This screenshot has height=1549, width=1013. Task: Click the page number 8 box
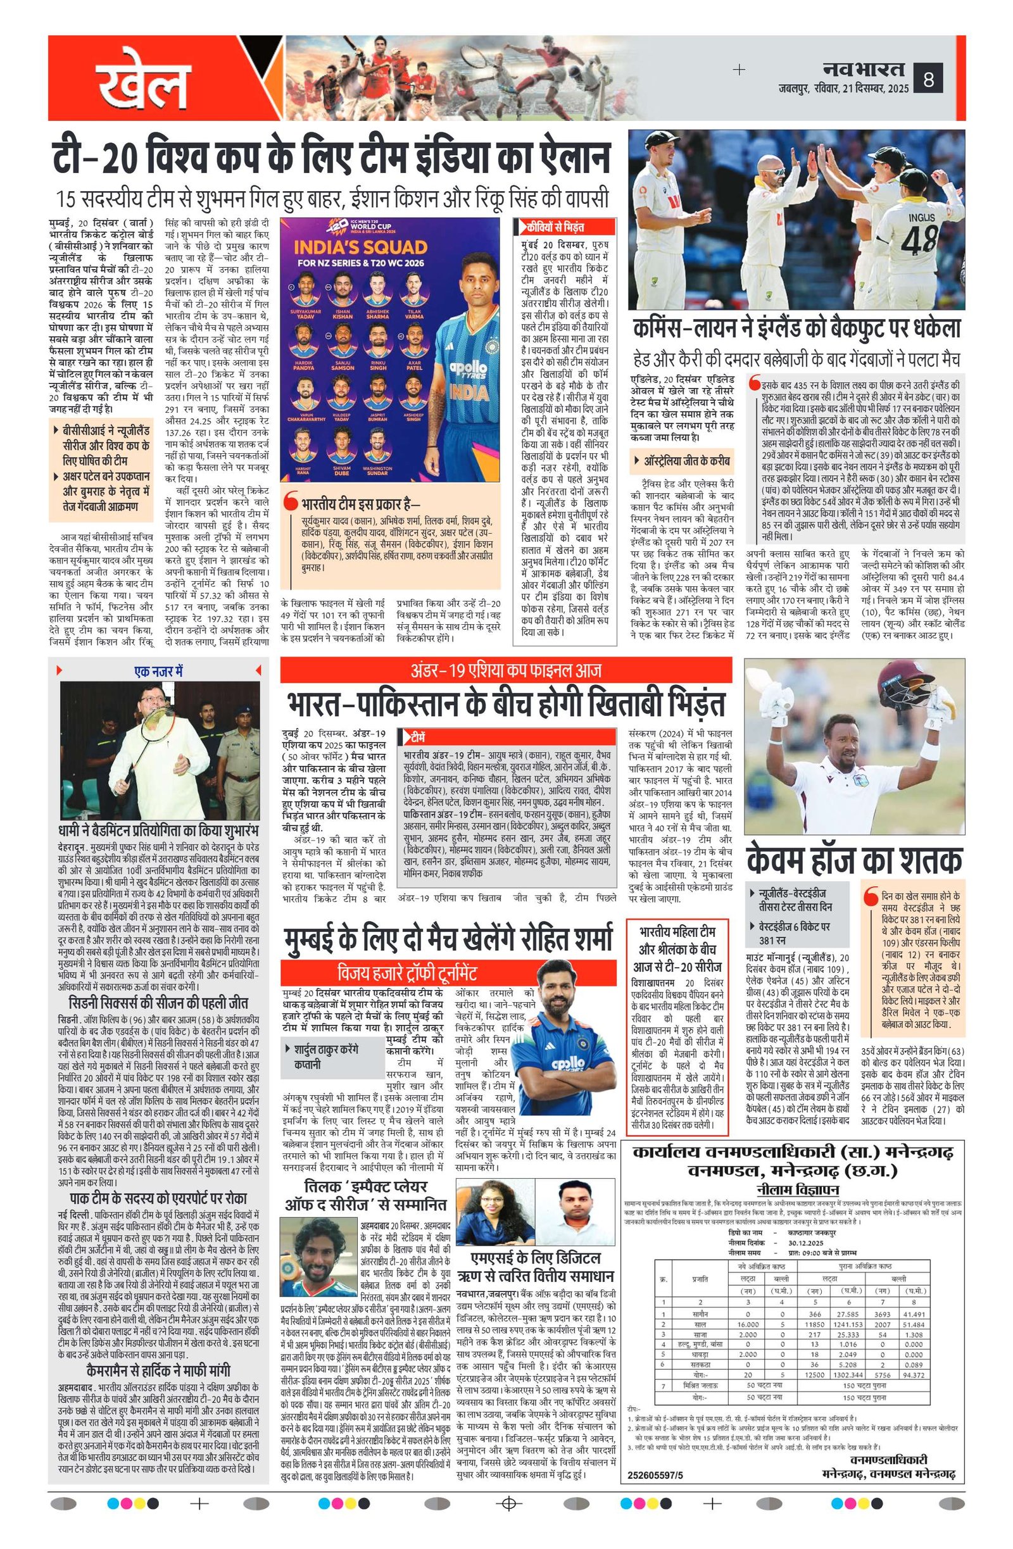point(929,80)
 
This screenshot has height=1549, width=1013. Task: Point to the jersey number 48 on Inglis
point(919,240)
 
